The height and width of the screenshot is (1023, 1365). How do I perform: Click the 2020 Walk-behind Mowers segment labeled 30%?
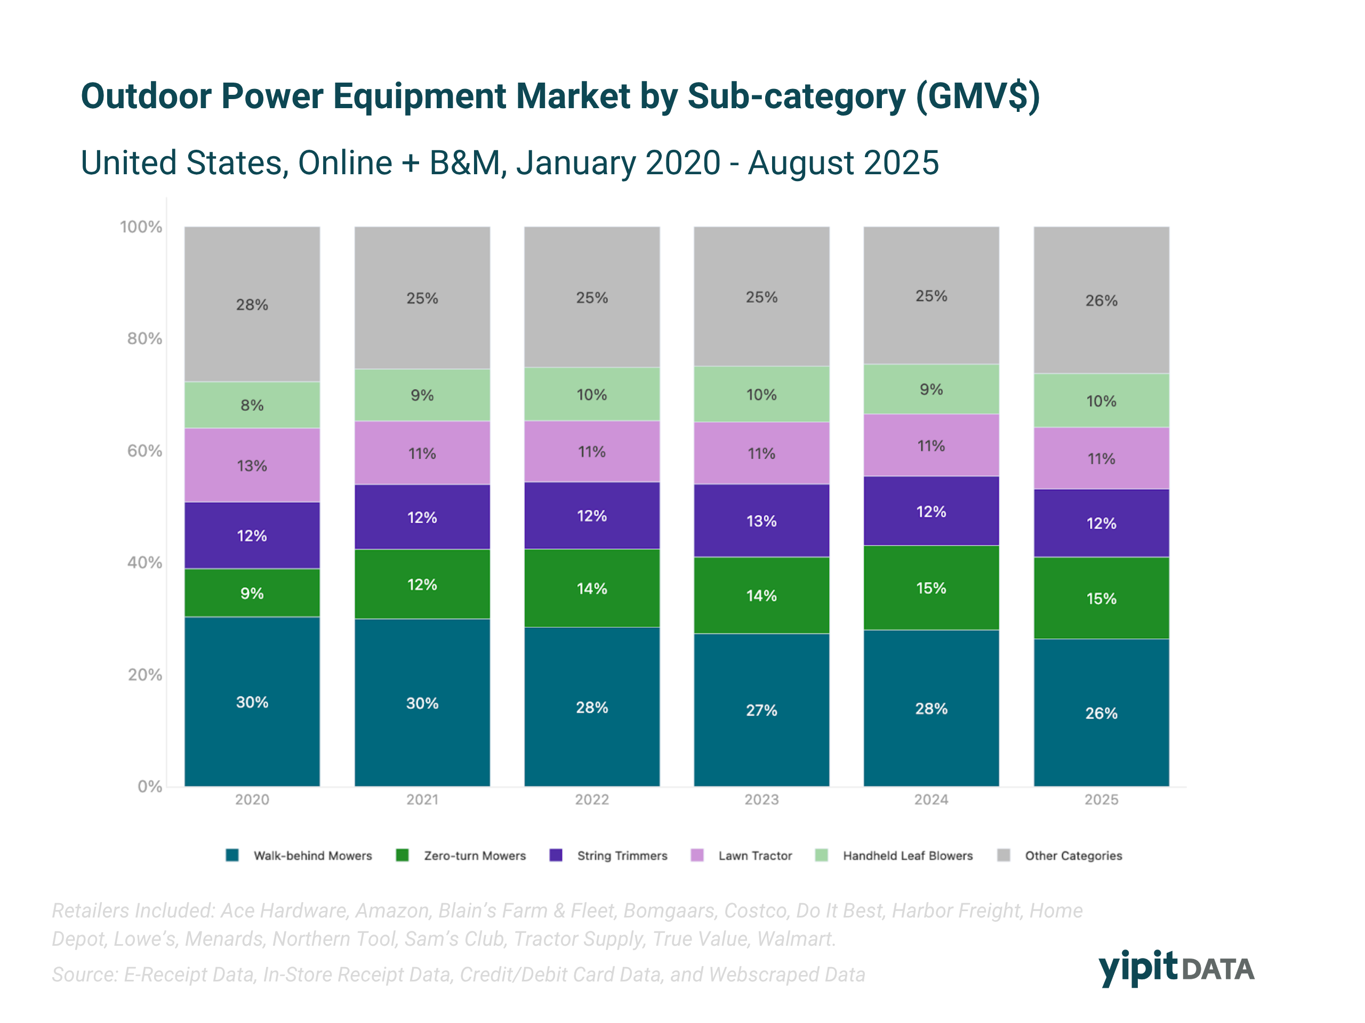tap(252, 702)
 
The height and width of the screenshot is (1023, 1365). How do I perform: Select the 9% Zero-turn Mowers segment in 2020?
tap(252, 592)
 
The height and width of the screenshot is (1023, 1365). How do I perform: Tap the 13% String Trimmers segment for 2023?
tap(761, 521)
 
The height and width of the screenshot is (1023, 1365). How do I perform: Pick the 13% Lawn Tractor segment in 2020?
tap(252, 466)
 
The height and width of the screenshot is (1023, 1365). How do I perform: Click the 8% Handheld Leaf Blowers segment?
tap(252, 405)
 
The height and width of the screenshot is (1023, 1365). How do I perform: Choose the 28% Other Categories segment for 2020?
tap(252, 304)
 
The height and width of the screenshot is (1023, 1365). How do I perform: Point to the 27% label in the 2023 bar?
tap(761, 710)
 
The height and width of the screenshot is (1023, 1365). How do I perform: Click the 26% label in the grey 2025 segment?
tap(1101, 301)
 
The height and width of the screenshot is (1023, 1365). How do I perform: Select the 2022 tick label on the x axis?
tap(591, 800)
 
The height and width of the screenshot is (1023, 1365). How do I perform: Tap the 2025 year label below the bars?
tap(1101, 800)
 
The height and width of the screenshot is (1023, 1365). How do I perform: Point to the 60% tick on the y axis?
tap(144, 451)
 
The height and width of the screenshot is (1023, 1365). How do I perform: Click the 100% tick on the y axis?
tap(141, 227)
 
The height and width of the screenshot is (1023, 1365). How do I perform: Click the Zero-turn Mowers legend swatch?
tap(403, 855)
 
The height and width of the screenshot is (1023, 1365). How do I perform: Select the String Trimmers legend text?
tap(622, 856)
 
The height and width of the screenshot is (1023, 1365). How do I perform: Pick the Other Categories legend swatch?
tap(1003, 855)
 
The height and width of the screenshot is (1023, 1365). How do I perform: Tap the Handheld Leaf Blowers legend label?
tap(908, 856)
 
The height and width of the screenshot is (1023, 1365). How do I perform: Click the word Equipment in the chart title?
tap(420, 97)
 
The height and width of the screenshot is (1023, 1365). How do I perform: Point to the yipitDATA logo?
tap(1176, 968)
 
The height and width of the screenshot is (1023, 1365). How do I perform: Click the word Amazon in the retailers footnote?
tap(392, 911)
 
